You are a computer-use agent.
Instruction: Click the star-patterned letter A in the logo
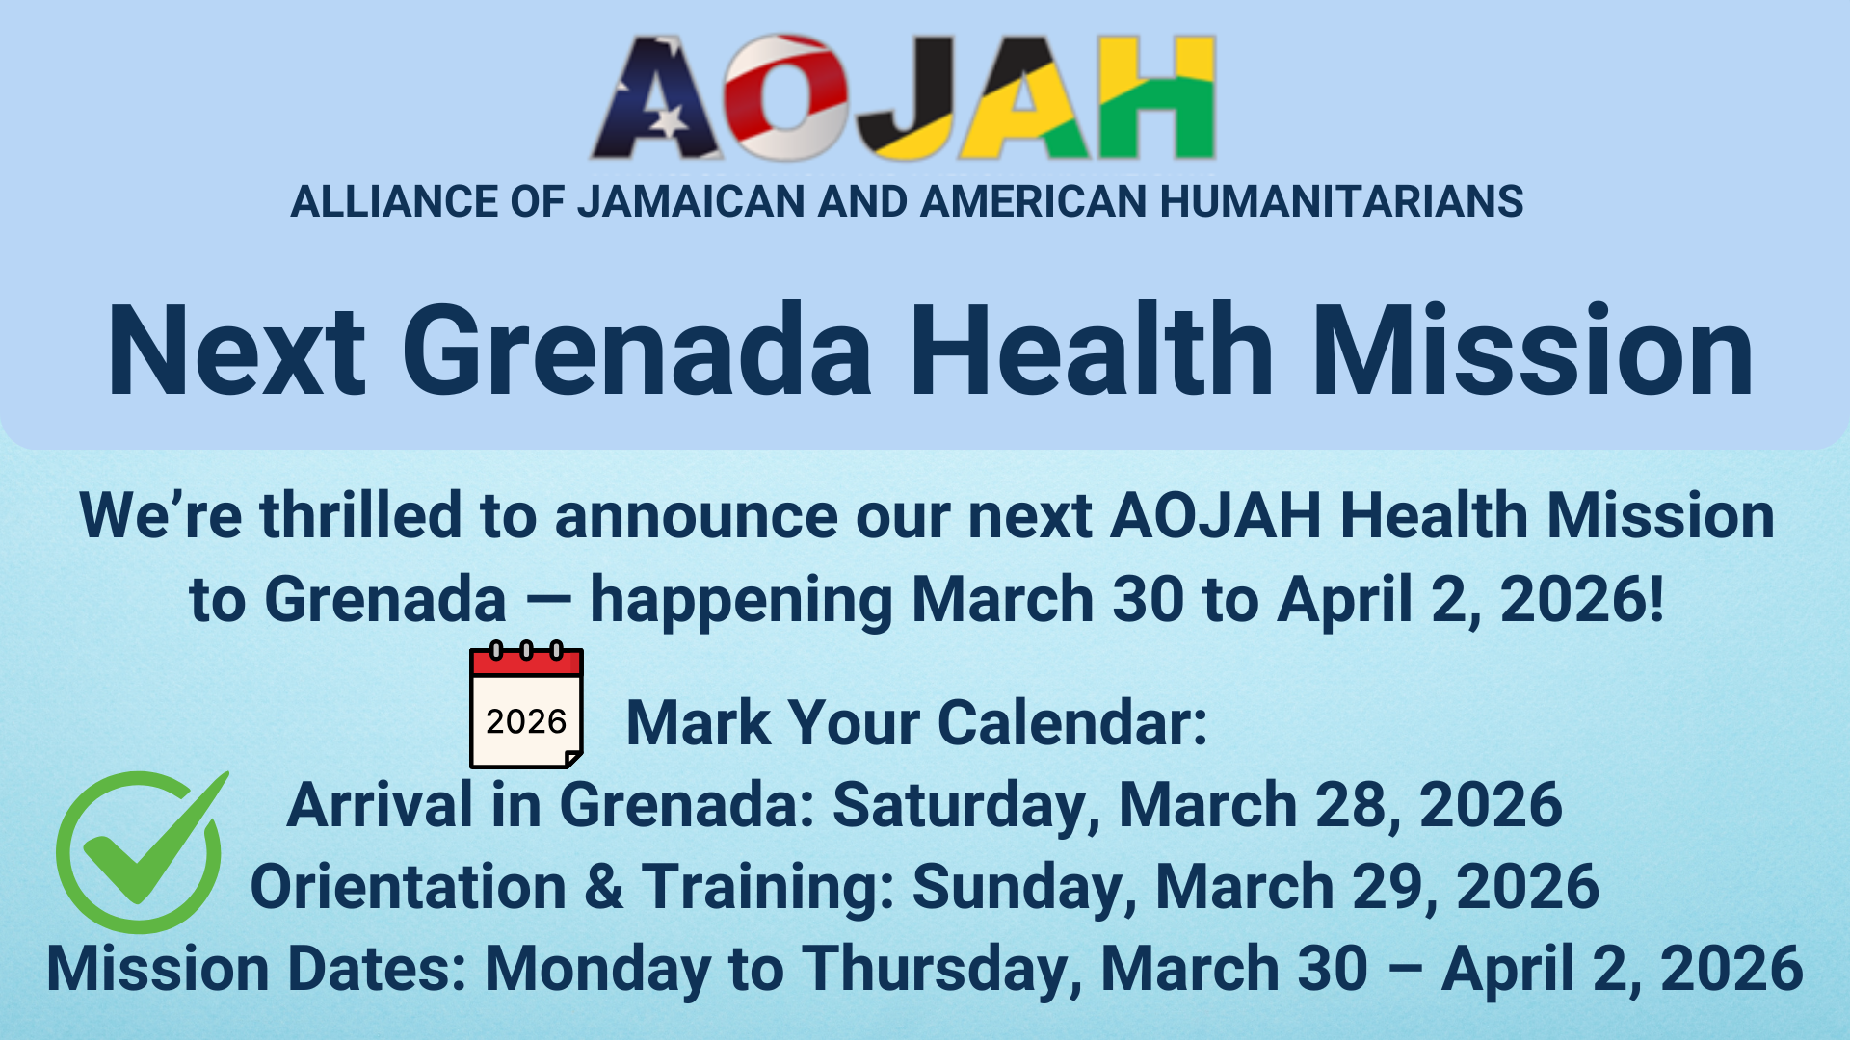[656, 98]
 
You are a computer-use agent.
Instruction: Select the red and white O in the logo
[786, 98]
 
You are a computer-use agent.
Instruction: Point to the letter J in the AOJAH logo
[906, 98]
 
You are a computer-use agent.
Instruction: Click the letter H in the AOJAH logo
[1156, 98]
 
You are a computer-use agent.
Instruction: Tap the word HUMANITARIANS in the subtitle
[1341, 202]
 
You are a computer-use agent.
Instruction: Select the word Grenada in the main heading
[637, 351]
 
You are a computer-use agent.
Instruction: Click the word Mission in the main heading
[1533, 351]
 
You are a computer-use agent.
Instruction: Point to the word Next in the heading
[237, 351]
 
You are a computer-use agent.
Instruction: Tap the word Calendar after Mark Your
[1072, 722]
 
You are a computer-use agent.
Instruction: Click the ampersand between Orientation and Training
[604, 887]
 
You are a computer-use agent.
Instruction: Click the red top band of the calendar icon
[526, 663]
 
